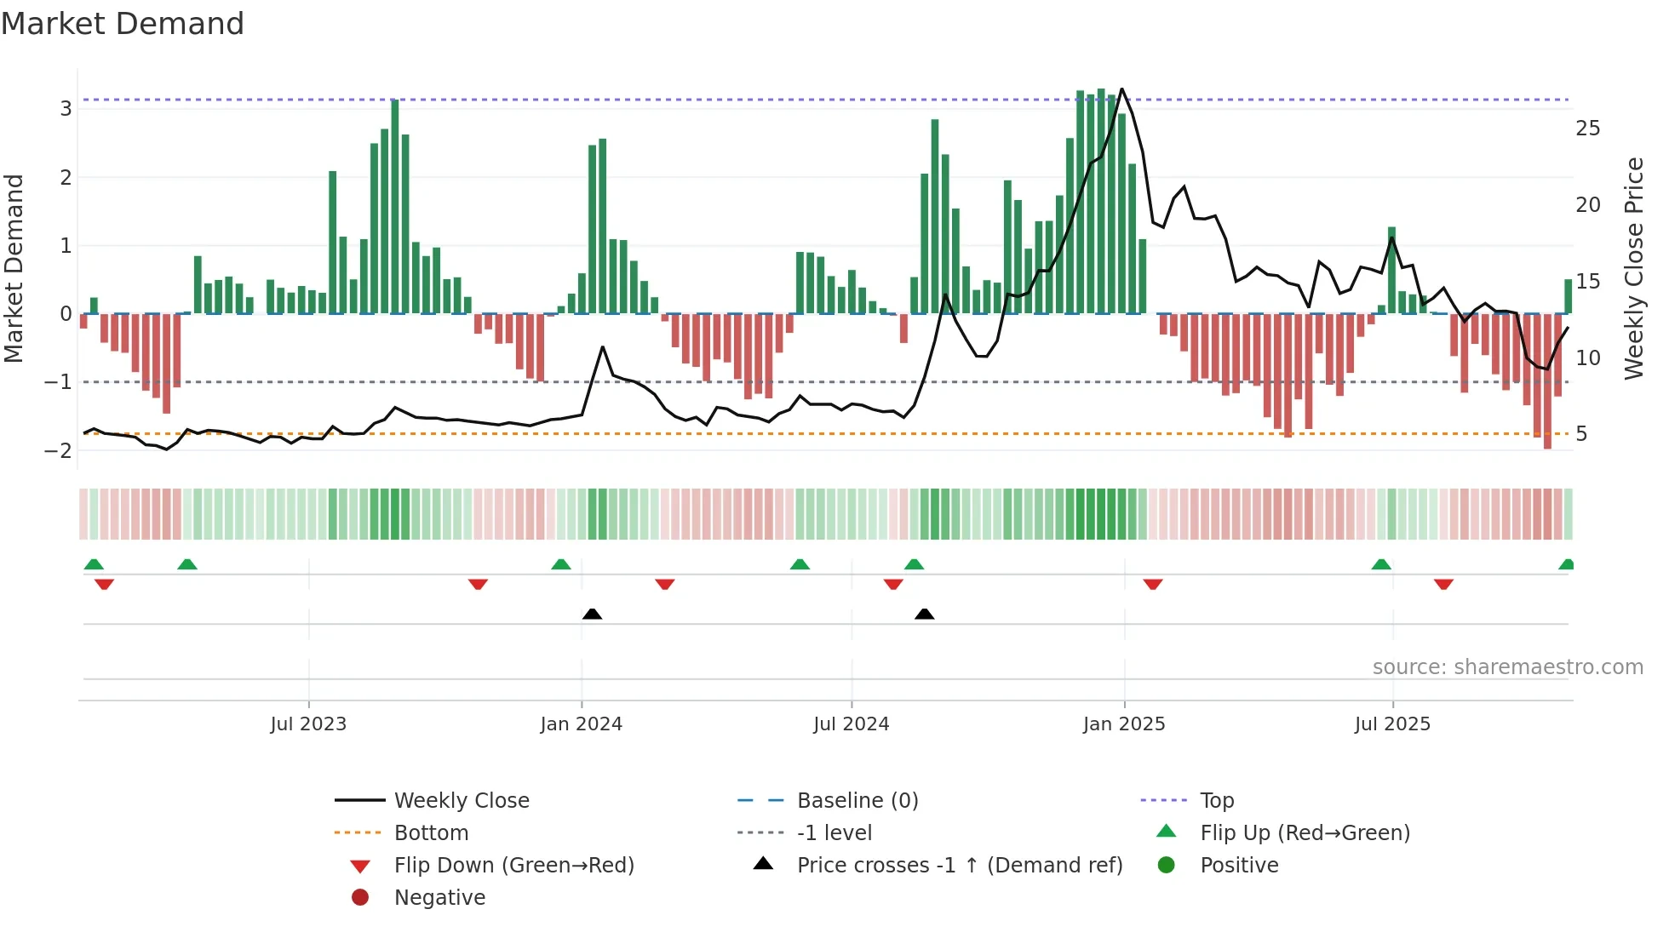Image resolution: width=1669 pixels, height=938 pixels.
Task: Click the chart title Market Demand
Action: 123,24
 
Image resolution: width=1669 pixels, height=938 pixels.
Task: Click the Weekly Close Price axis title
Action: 1633,268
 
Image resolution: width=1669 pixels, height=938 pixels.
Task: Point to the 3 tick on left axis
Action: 66,109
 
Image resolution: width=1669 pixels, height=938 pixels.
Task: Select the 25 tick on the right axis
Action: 1587,129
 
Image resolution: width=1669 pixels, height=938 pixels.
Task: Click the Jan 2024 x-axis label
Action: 581,724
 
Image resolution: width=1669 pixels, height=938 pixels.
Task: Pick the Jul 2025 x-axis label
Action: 1392,724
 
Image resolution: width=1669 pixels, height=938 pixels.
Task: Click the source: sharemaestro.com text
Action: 1507,667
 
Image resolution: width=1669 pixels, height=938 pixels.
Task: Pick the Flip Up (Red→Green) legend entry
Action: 1305,833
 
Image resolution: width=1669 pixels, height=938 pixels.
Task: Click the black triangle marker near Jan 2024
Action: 592,614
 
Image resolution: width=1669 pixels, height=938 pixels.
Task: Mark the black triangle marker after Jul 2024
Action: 924,614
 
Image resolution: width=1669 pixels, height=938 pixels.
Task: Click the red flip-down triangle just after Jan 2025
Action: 1153,584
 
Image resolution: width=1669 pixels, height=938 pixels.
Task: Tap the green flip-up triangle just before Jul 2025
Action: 1381,564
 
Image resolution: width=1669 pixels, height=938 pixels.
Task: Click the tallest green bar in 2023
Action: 395,204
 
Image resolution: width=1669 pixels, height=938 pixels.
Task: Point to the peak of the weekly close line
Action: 1121,89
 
